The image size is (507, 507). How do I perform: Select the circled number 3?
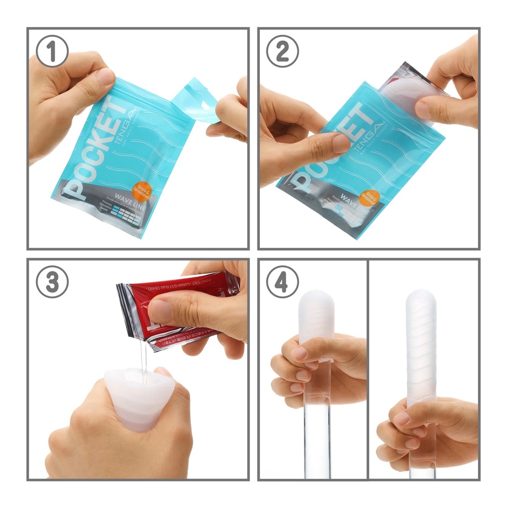point(52,282)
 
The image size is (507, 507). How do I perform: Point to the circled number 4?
point(282,282)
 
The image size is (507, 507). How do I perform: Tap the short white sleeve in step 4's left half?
point(316,317)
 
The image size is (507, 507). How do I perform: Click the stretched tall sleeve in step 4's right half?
point(421,347)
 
